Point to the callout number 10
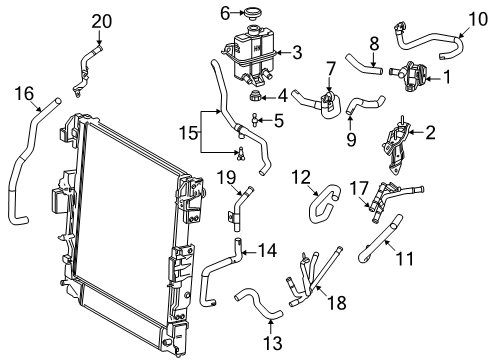477,17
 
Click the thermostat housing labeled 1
412,74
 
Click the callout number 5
279,120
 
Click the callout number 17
358,186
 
